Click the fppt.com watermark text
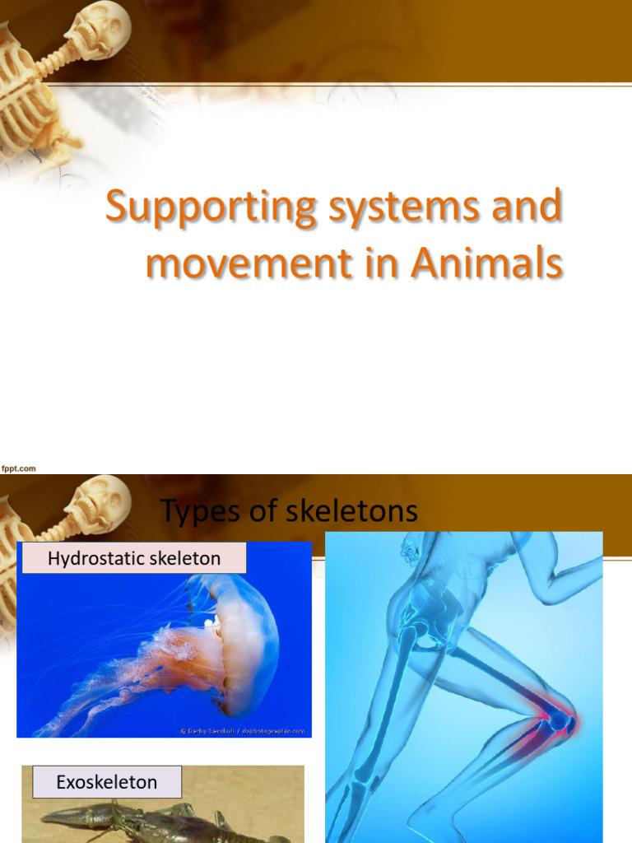(x=18, y=468)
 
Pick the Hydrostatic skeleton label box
(x=134, y=558)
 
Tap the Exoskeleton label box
(x=107, y=781)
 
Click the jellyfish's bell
(x=243, y=634)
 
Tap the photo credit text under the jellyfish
(x=243, y=730)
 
